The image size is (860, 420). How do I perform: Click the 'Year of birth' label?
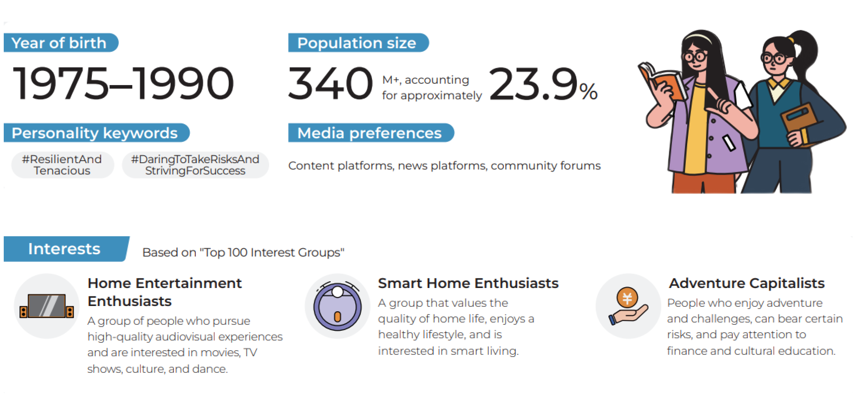point(59,43)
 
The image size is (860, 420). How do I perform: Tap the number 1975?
point(60,83)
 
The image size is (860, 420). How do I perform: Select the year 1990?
point(184,83)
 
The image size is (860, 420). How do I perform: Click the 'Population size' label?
point(357,43)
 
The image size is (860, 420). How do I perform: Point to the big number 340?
point(330,83)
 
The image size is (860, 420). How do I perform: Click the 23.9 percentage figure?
point(543,84)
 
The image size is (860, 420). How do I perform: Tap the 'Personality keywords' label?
point(95,133)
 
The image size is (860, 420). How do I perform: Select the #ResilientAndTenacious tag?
point(62,165)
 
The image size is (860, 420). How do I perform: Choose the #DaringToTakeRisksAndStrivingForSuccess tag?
point(195,165)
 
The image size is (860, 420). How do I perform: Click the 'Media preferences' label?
point(370,133)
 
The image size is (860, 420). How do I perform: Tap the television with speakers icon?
point(47,306)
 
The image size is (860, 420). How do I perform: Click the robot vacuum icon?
point(337,306)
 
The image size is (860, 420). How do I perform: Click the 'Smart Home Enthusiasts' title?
point(468,283)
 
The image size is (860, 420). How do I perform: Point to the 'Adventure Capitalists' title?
point(747,283)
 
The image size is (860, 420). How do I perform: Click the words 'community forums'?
point(545,166)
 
